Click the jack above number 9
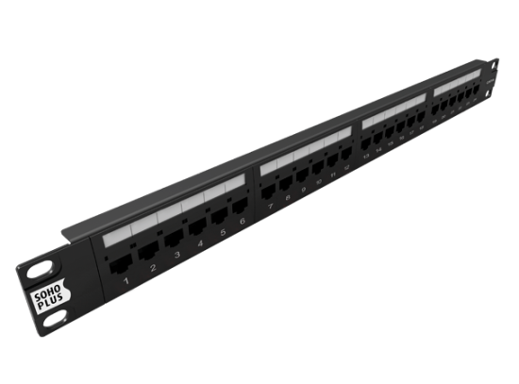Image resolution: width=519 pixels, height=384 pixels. coord(304,179)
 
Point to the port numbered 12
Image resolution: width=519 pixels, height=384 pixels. coord(348,162)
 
